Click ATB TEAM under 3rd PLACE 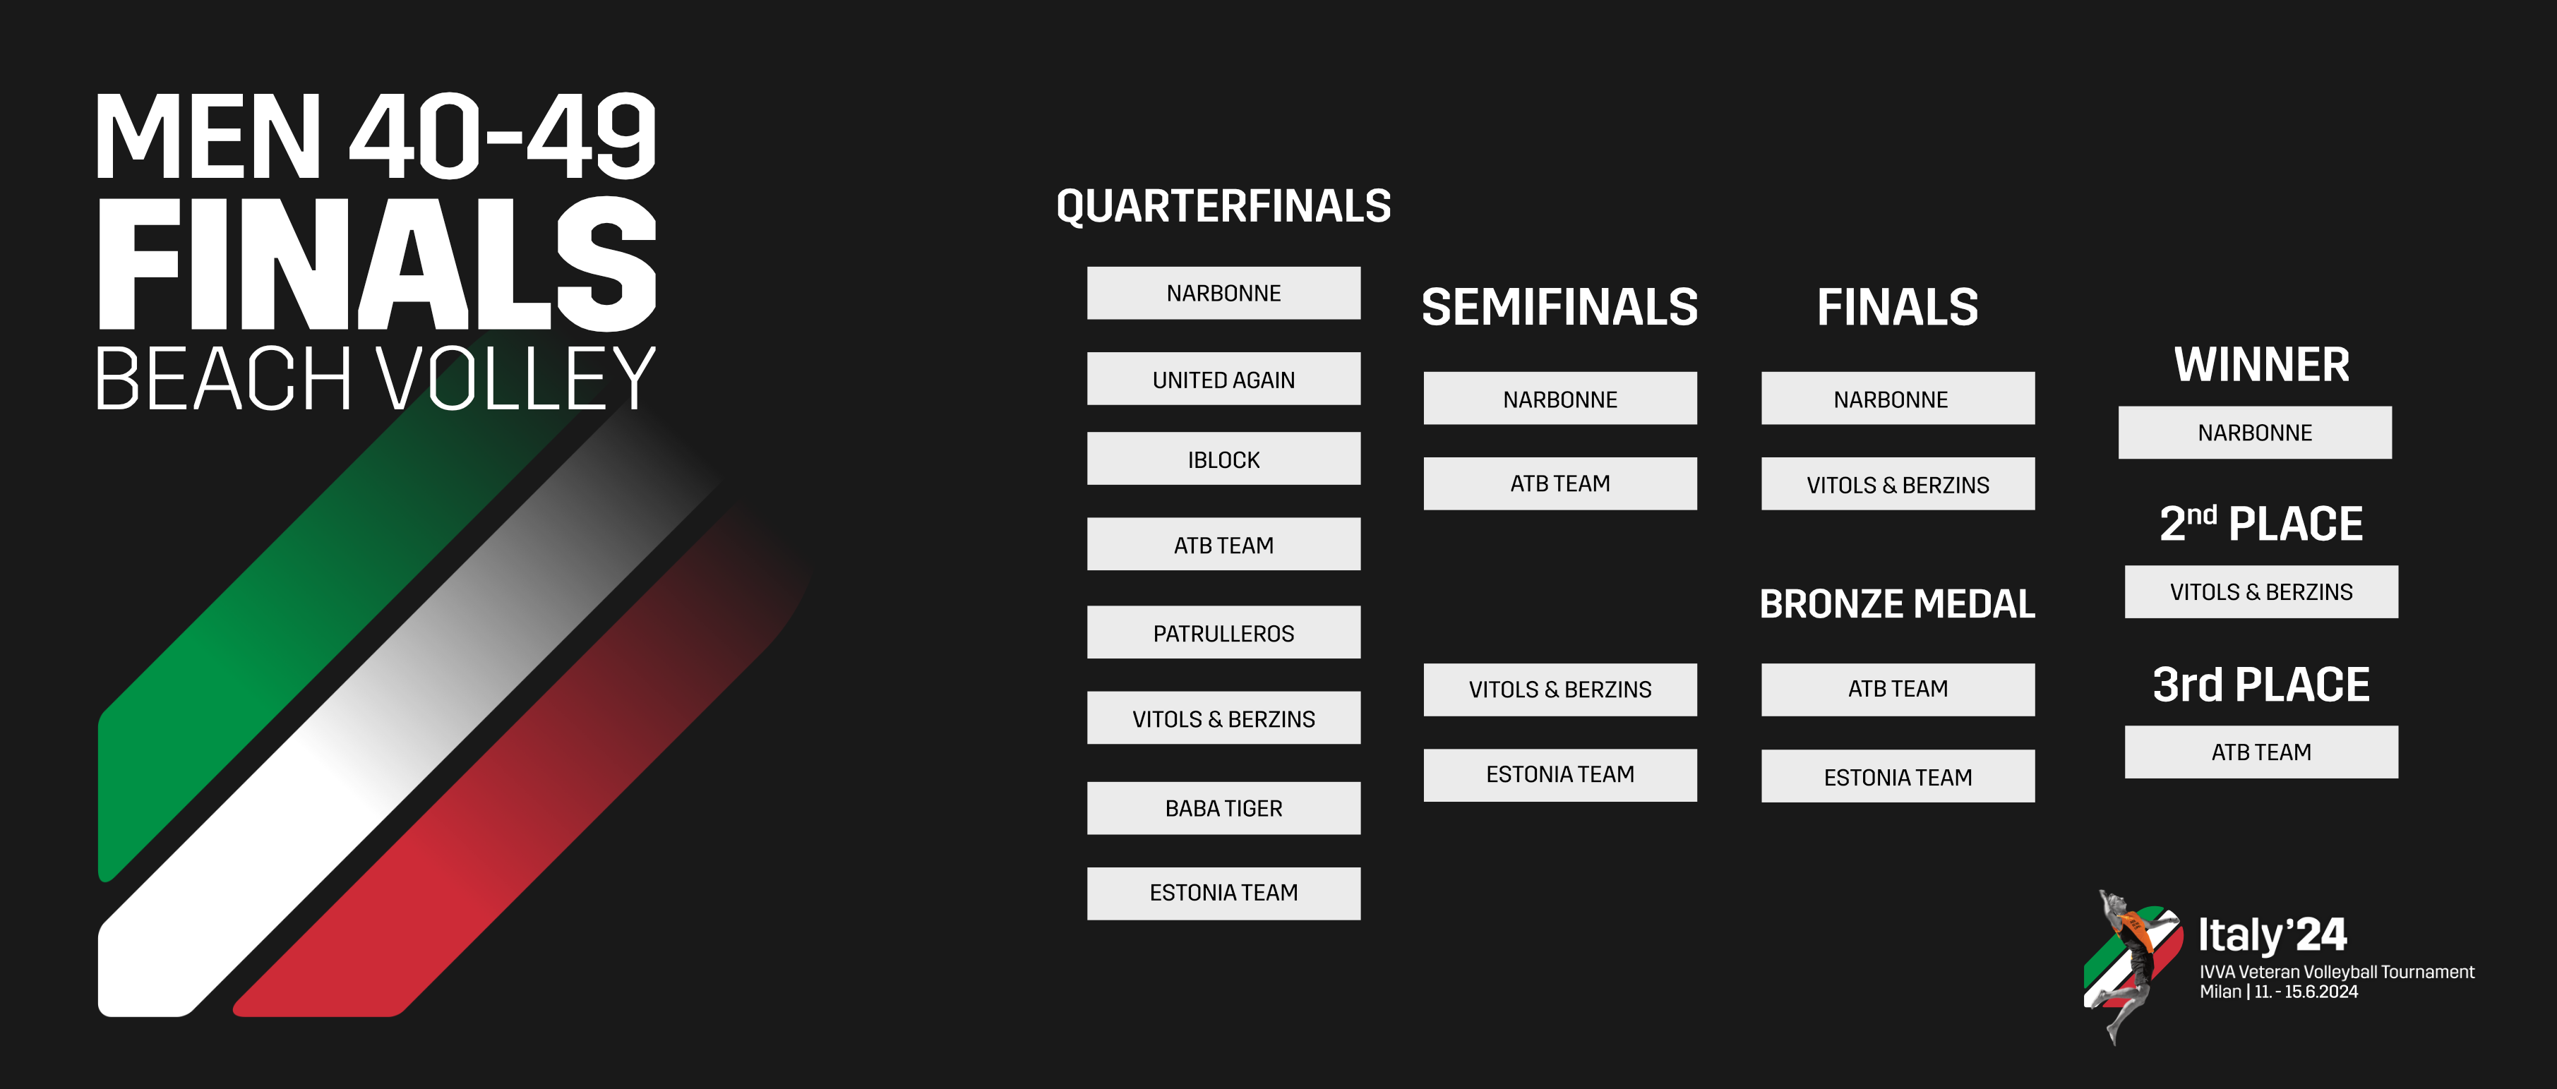pos(2261,752)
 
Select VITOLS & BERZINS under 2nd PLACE pos(2261,591)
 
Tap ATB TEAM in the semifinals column pos(1559,483)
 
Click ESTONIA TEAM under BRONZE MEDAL pos(1898,776)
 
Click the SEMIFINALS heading pos(1559,307)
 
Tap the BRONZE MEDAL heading pos(1897,603)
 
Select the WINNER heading pos(2261,364)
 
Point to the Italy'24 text pos(2272,934)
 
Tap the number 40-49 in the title pos(502,136)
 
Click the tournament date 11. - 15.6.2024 pos(2306,992)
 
